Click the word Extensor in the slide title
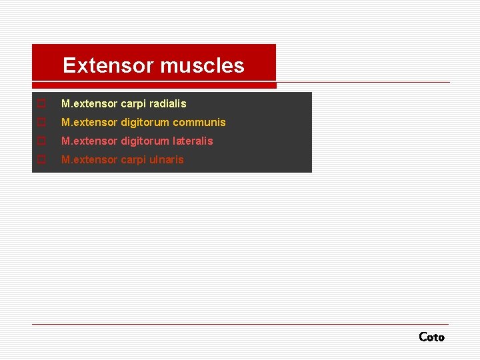[x=107, y=65]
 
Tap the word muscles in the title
[x=202, y=65]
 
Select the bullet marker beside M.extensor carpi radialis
[x=41, y=104]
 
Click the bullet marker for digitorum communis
[x=41, y=123]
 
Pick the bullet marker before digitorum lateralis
[x=41, y=141]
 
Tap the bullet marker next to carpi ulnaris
[x=41, y=160]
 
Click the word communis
[x=199, y=123]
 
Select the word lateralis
[x=193, y=141]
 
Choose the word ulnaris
[x=167, y=160]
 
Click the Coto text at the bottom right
[x=431, y=337]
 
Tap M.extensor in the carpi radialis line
[x=89, y=104]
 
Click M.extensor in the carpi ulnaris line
[x=89, y=160]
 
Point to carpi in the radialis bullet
[x=133, y=104]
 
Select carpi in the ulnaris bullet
[x=133, y=160]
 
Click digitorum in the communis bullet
[x=145, y=123]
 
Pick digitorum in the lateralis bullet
[x=145, y=141]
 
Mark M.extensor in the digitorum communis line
[x=89, y=123]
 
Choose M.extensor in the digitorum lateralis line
[x=89, y=141]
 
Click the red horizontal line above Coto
[x=240, y=324]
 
